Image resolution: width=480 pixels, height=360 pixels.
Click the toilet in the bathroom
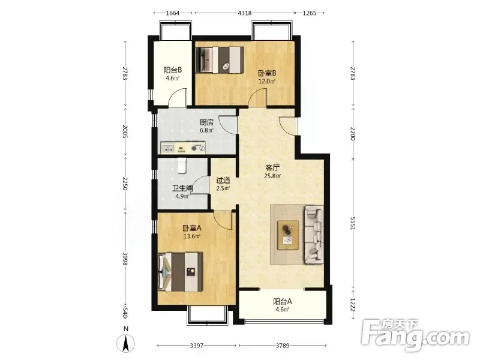tap(182, 166)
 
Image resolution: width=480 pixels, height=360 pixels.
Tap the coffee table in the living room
tap(289, 235)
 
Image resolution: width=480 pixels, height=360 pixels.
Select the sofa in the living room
tap(313, 235)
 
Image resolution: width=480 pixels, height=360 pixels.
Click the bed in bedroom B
tap(220, 59)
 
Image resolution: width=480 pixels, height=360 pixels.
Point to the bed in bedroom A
tap(181, 272)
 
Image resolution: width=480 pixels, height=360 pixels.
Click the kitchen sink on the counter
tap(168, 149)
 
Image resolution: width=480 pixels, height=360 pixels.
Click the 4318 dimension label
tap(245, 13)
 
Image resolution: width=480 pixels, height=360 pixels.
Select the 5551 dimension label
tap(353, 224)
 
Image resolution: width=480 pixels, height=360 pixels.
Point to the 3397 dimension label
tap(197, 346)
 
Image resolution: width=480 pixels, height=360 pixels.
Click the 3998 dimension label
tap(125, 259)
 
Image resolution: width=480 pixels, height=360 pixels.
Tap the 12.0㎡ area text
tap(267, 82)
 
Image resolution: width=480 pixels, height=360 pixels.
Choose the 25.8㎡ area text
tap(272, 176)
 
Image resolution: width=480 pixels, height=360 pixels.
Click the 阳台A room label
tap(283, 302)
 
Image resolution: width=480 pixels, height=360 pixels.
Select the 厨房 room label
tap(206, 122)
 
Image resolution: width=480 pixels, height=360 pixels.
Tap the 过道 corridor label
tap(223, 181)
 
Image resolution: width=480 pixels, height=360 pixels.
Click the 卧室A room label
tap(192, 228)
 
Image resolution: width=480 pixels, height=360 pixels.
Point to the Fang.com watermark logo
tap(415, 336)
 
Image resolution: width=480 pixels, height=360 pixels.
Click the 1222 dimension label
tap(353, 305)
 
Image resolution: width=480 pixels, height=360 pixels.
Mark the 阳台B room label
tap(173, 70)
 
